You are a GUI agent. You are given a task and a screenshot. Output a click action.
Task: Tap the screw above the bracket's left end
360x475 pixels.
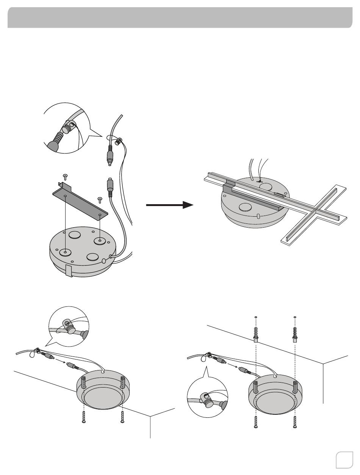65,176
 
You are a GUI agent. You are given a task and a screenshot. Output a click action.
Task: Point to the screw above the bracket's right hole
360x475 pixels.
100,199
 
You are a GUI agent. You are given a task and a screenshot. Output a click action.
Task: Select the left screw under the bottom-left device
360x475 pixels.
83,417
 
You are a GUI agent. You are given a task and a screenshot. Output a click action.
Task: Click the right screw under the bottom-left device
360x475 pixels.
122,417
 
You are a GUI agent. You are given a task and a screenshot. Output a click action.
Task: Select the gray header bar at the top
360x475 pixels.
180,17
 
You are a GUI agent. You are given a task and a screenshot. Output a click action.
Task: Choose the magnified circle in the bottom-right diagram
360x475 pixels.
208,402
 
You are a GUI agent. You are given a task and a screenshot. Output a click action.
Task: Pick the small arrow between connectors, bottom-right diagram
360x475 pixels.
232,366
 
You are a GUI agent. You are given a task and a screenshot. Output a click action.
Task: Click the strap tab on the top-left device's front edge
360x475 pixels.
69,270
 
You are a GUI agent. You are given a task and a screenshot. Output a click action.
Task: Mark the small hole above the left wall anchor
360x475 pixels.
256,317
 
